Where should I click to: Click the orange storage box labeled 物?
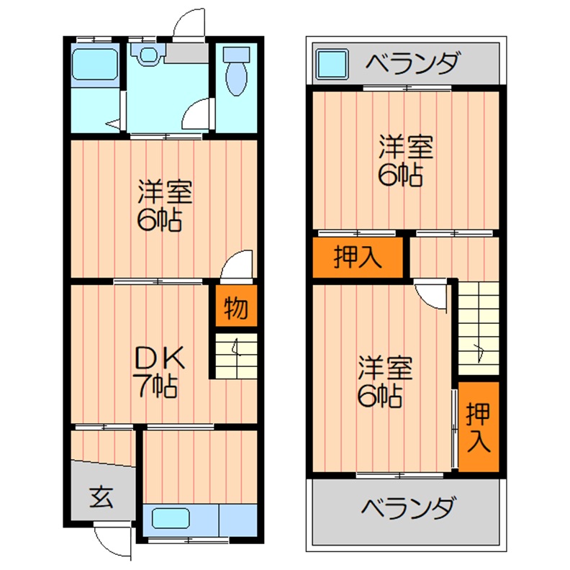point(236,308)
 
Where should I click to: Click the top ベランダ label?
point(411,64)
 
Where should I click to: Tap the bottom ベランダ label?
point(407,509)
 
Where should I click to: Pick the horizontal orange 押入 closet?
point(358,258)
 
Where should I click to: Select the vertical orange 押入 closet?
point(479,427)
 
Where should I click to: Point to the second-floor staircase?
point(479,327)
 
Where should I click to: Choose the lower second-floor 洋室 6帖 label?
point(385,381)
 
